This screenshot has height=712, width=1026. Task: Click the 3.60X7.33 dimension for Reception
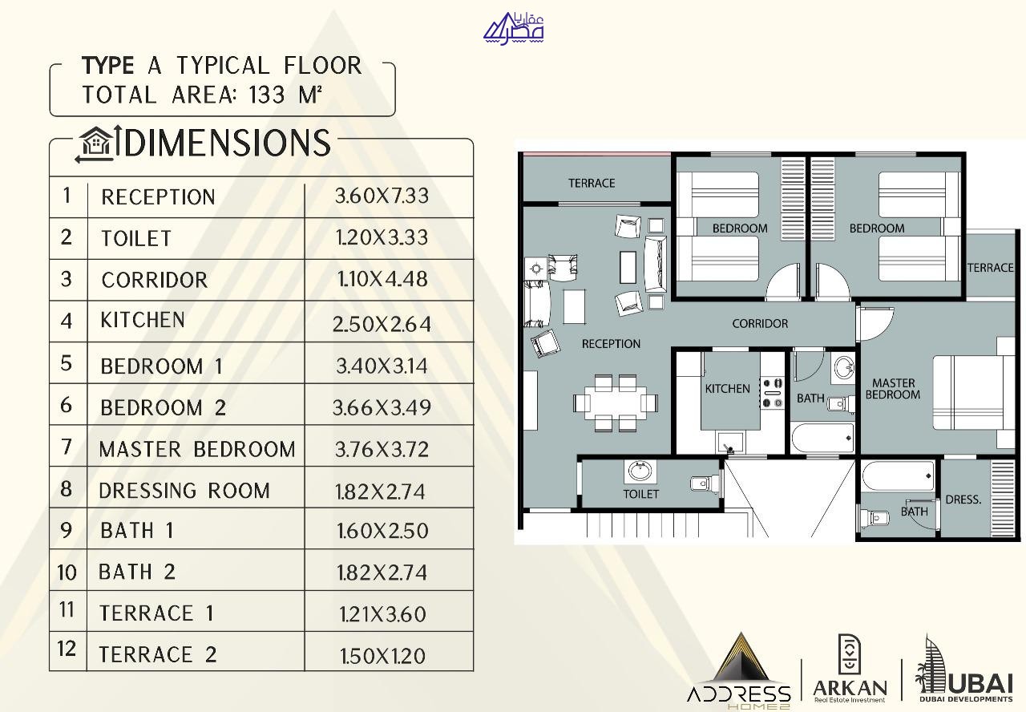pos(382,196)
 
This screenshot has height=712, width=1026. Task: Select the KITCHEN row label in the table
pos(143,320)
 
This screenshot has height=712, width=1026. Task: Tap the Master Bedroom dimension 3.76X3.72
pos(382,450)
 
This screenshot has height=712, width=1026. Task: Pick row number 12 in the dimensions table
pos(67,649)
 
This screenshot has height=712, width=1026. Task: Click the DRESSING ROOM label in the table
pos(184,491)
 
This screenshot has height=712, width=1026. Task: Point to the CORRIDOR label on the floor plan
pos(760,323)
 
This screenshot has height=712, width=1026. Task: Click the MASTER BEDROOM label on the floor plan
pos(893,389)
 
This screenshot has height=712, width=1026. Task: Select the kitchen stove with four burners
pos(772,393)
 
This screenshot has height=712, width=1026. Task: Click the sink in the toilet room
pos(640,471)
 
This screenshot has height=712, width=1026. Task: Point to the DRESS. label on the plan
pos(963,500)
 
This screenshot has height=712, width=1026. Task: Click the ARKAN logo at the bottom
pos(850,669)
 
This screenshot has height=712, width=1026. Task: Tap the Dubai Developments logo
pos(963,669)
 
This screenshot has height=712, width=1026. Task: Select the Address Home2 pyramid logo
pos(739,671)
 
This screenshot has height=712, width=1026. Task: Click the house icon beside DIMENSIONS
pos(95,143)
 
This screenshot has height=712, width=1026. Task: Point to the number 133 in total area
pos(267,95)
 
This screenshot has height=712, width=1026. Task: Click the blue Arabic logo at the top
pos(514,28)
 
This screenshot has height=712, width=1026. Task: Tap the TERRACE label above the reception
pos(592,184)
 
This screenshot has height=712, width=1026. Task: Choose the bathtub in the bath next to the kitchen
pos(822,438)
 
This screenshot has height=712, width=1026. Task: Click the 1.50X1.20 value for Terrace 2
pos(382,656)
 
